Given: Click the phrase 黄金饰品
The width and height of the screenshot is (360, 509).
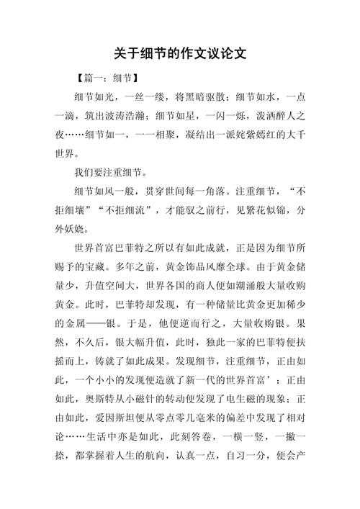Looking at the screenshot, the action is [x=204, y=267].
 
